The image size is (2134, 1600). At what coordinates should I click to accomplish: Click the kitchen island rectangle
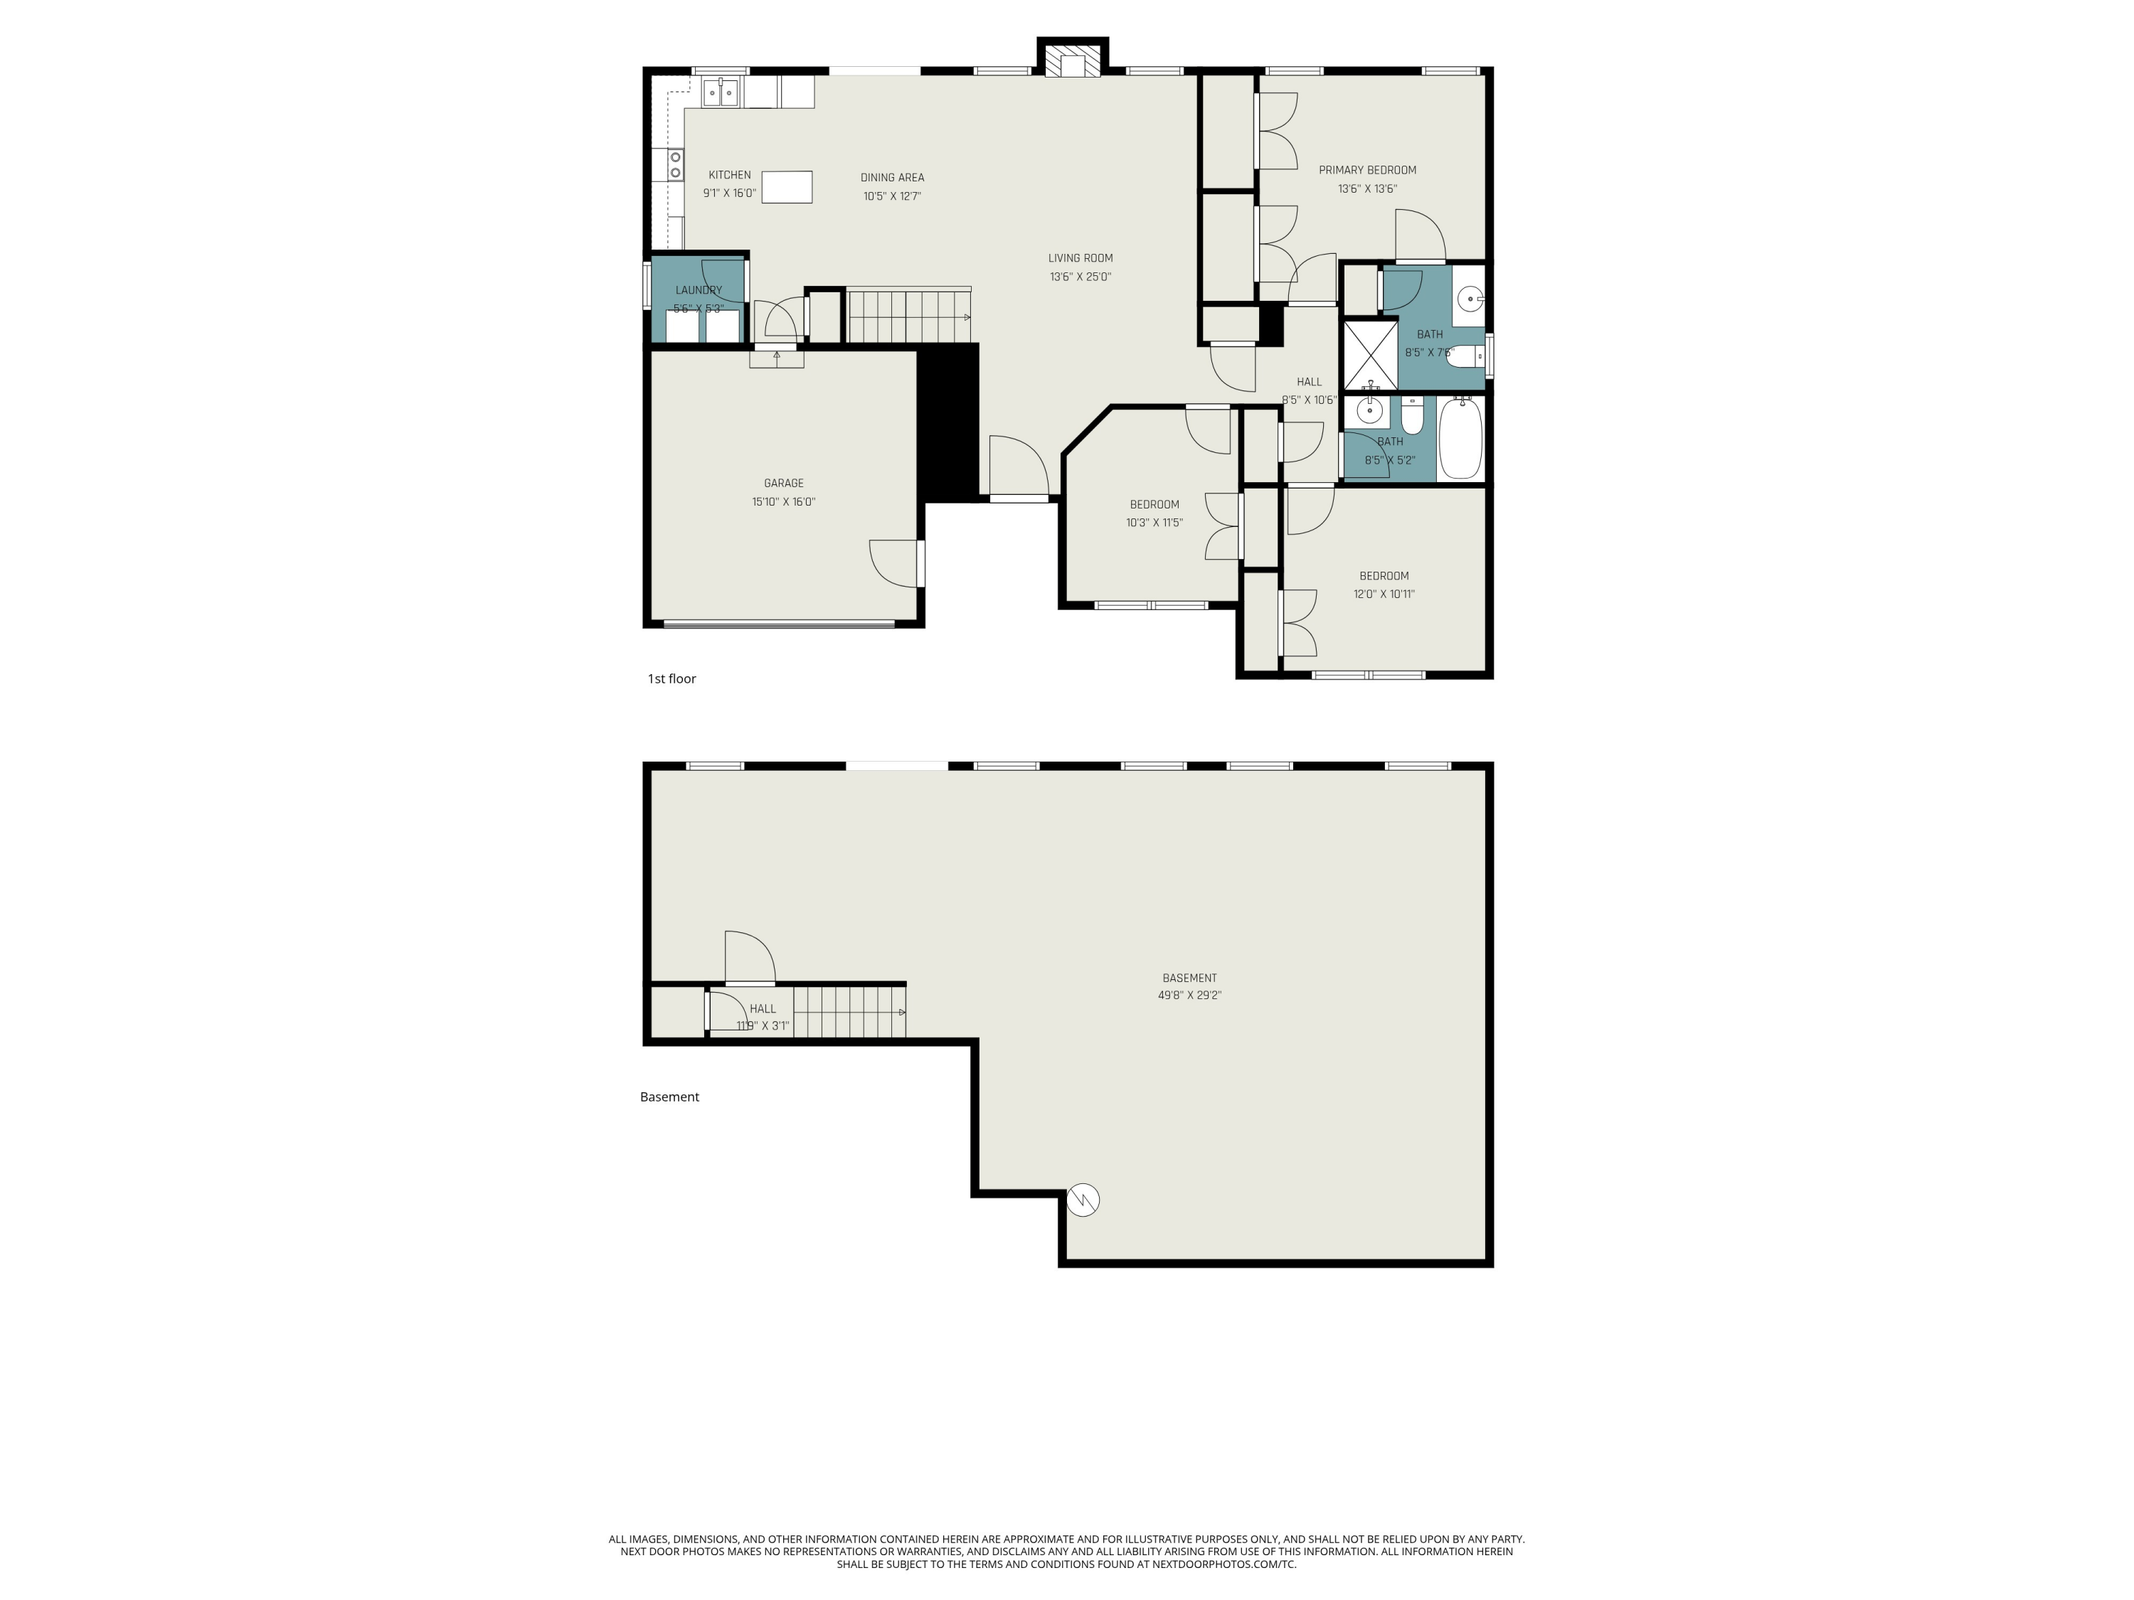click(786, 186)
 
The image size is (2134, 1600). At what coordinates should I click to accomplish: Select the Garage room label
click(783, 483)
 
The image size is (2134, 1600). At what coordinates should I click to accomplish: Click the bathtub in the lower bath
click(1460, 439)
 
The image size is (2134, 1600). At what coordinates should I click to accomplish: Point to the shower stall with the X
click(1370, 354)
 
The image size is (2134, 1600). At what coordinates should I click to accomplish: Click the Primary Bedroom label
click(1367, 171)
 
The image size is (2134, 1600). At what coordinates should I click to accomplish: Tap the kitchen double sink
click(721, 92)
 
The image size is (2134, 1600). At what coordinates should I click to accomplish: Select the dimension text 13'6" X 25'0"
click(1081, 277)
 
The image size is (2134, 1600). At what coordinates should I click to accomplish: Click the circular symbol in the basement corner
click(1083, 1200)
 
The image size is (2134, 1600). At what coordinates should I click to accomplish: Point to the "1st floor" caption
click(671, 679)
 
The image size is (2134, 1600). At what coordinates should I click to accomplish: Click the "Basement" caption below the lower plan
click(669, 1097)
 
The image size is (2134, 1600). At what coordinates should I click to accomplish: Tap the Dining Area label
click(891, 178)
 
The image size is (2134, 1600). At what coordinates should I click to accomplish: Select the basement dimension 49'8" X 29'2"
click(1189, 996)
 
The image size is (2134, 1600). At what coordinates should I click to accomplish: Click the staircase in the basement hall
click(849, 1012)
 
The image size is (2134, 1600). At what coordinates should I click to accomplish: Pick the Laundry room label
click(699, 290)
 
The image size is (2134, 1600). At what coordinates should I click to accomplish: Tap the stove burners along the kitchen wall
click(675, 165)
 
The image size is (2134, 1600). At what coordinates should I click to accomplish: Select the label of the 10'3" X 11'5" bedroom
click(1154, 504)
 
